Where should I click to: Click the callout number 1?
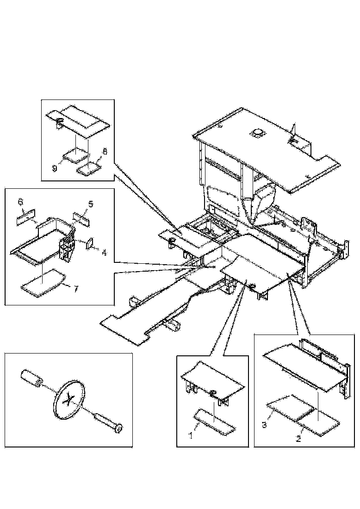191,435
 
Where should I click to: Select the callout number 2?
298,439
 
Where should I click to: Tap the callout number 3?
265,425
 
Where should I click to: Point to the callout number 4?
104,252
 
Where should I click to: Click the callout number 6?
21,202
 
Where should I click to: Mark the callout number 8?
105,151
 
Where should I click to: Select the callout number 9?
55,168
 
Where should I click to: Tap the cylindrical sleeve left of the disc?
31,378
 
